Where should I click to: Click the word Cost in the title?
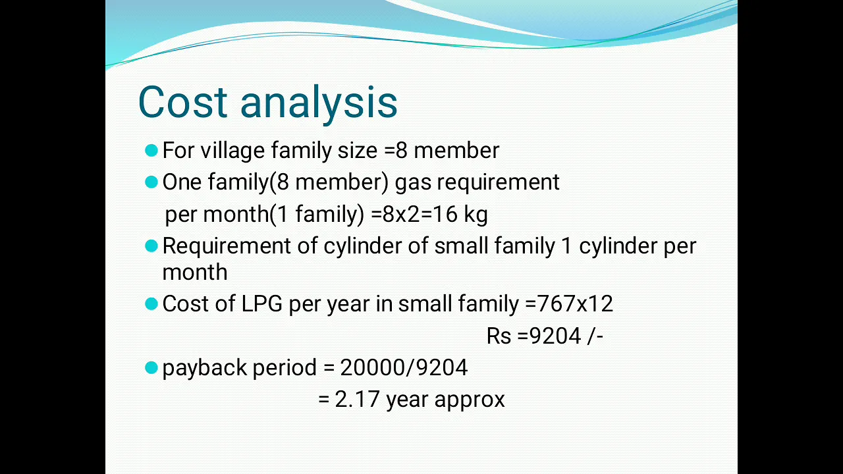pyautogui.click(x=183, y=102)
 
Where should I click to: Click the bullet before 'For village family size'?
pyautogui.click(x=151, y=151)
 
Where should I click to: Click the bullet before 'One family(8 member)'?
pyautogui.click(x=151, y=182)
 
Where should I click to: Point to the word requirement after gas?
pyautogui.click(x=498, y=183)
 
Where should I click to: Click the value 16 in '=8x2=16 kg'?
pyautogui.click(x=445, y=215)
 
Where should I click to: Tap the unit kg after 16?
pyautogui.click(x=476, y=215)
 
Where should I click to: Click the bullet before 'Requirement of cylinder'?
pyautogui.click(x=151, y=246)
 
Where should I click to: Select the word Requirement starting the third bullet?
pyautogui.click(x=227, y=247)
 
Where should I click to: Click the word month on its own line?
pyautogui.click(x=195, y=272)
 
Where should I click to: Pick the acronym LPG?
pyautogui.click(x=261, y=303)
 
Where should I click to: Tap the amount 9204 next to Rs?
pyautogui.click(x=555, y=336)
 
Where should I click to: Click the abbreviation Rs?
pyautogui.click(x=499, y=336)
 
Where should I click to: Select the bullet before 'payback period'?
pyautogui.click(x=151, y=367)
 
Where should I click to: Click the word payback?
pyautogui.click(x=204, y=368)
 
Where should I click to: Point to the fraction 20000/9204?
pyautogui.click(x=404, y=367)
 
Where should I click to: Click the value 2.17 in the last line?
pyautogui.click(x=357, y=399)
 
